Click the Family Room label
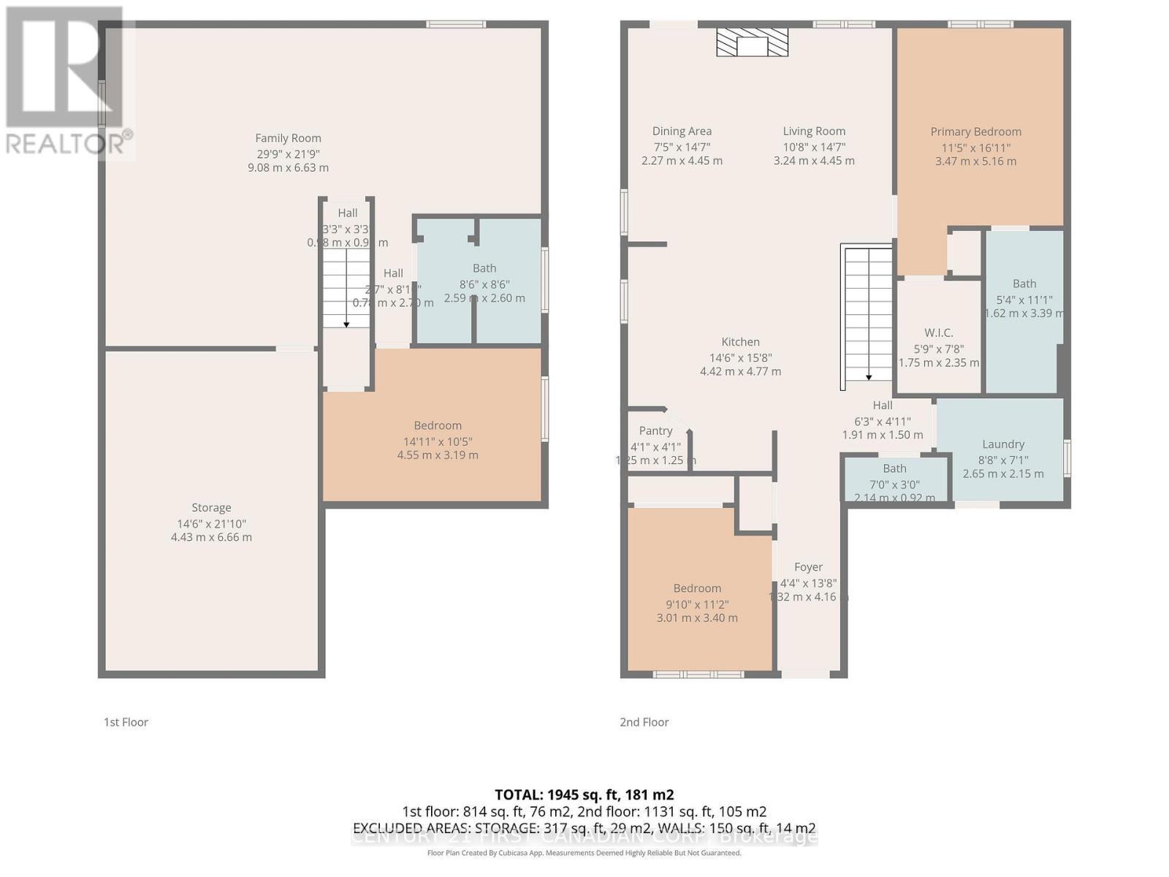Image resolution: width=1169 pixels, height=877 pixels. point(288,138)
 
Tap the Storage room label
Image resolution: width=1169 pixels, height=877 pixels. point(211,507)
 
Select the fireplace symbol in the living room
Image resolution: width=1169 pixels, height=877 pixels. point(752,44)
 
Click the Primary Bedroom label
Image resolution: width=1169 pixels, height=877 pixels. point(975,132)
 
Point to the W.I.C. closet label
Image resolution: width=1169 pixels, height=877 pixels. point(938,333)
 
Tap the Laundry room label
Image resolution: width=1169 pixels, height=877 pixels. point(1002,444)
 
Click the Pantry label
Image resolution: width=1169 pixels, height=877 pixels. point(655,430)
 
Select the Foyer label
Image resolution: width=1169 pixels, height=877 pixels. point(808,566)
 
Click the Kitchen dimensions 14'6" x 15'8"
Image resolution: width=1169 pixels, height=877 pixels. point(740,357)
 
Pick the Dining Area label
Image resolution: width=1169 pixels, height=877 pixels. point(682,131)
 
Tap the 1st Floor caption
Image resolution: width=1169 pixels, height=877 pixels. point(126,721)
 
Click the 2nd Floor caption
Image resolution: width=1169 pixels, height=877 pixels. point(644,721)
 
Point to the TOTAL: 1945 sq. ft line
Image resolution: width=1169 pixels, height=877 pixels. point(584,794)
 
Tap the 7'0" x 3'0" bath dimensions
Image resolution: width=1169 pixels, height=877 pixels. point(894,484)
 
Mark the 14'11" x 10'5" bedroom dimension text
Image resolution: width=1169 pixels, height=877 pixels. point(438,441)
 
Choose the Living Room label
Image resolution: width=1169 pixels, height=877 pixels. point(814,131)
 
